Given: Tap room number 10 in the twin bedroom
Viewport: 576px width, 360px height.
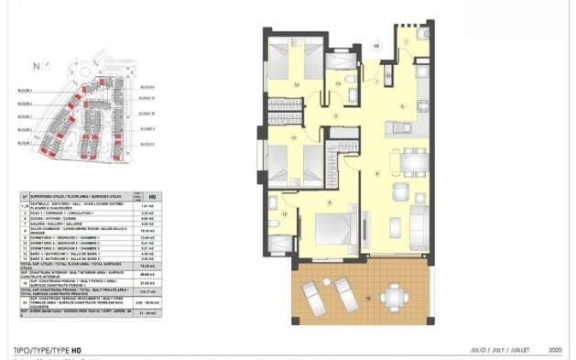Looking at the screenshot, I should (x=296, y=85).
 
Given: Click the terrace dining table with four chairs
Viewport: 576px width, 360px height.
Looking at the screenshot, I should (x=396, y=295).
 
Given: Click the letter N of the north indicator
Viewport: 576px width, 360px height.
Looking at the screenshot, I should (x=35, y=66).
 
